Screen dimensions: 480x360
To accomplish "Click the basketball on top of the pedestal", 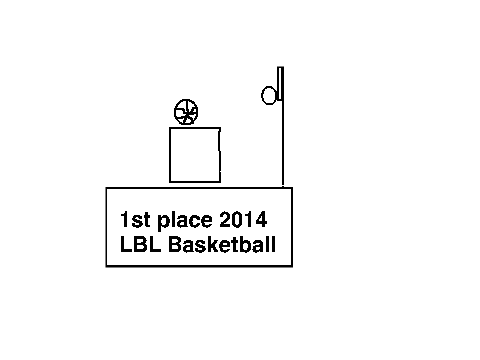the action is coord(186,112).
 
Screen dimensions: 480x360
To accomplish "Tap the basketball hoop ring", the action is coord(262,96).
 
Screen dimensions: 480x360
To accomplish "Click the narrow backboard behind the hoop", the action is coord(280,83).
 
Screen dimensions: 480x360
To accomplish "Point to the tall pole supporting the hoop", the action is coord(283,143).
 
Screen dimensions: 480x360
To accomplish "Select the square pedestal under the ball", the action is coord(170,155).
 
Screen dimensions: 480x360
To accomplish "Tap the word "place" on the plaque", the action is coord(185,221).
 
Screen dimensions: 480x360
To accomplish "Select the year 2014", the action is coord(243,219).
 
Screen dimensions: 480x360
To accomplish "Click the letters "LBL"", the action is coord(141,244).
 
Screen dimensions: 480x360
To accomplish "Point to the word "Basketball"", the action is coord(222,244).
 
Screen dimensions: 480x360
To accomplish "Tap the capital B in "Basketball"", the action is coord(175,244).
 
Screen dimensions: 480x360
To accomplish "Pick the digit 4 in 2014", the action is coord(261,219).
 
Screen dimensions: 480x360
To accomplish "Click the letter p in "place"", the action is coord(163,223).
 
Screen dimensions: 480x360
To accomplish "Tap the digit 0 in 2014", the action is coord(238,220).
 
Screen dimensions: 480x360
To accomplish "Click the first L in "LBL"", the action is coord(126,244).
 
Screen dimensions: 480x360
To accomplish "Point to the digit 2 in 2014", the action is coord(225,219).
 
